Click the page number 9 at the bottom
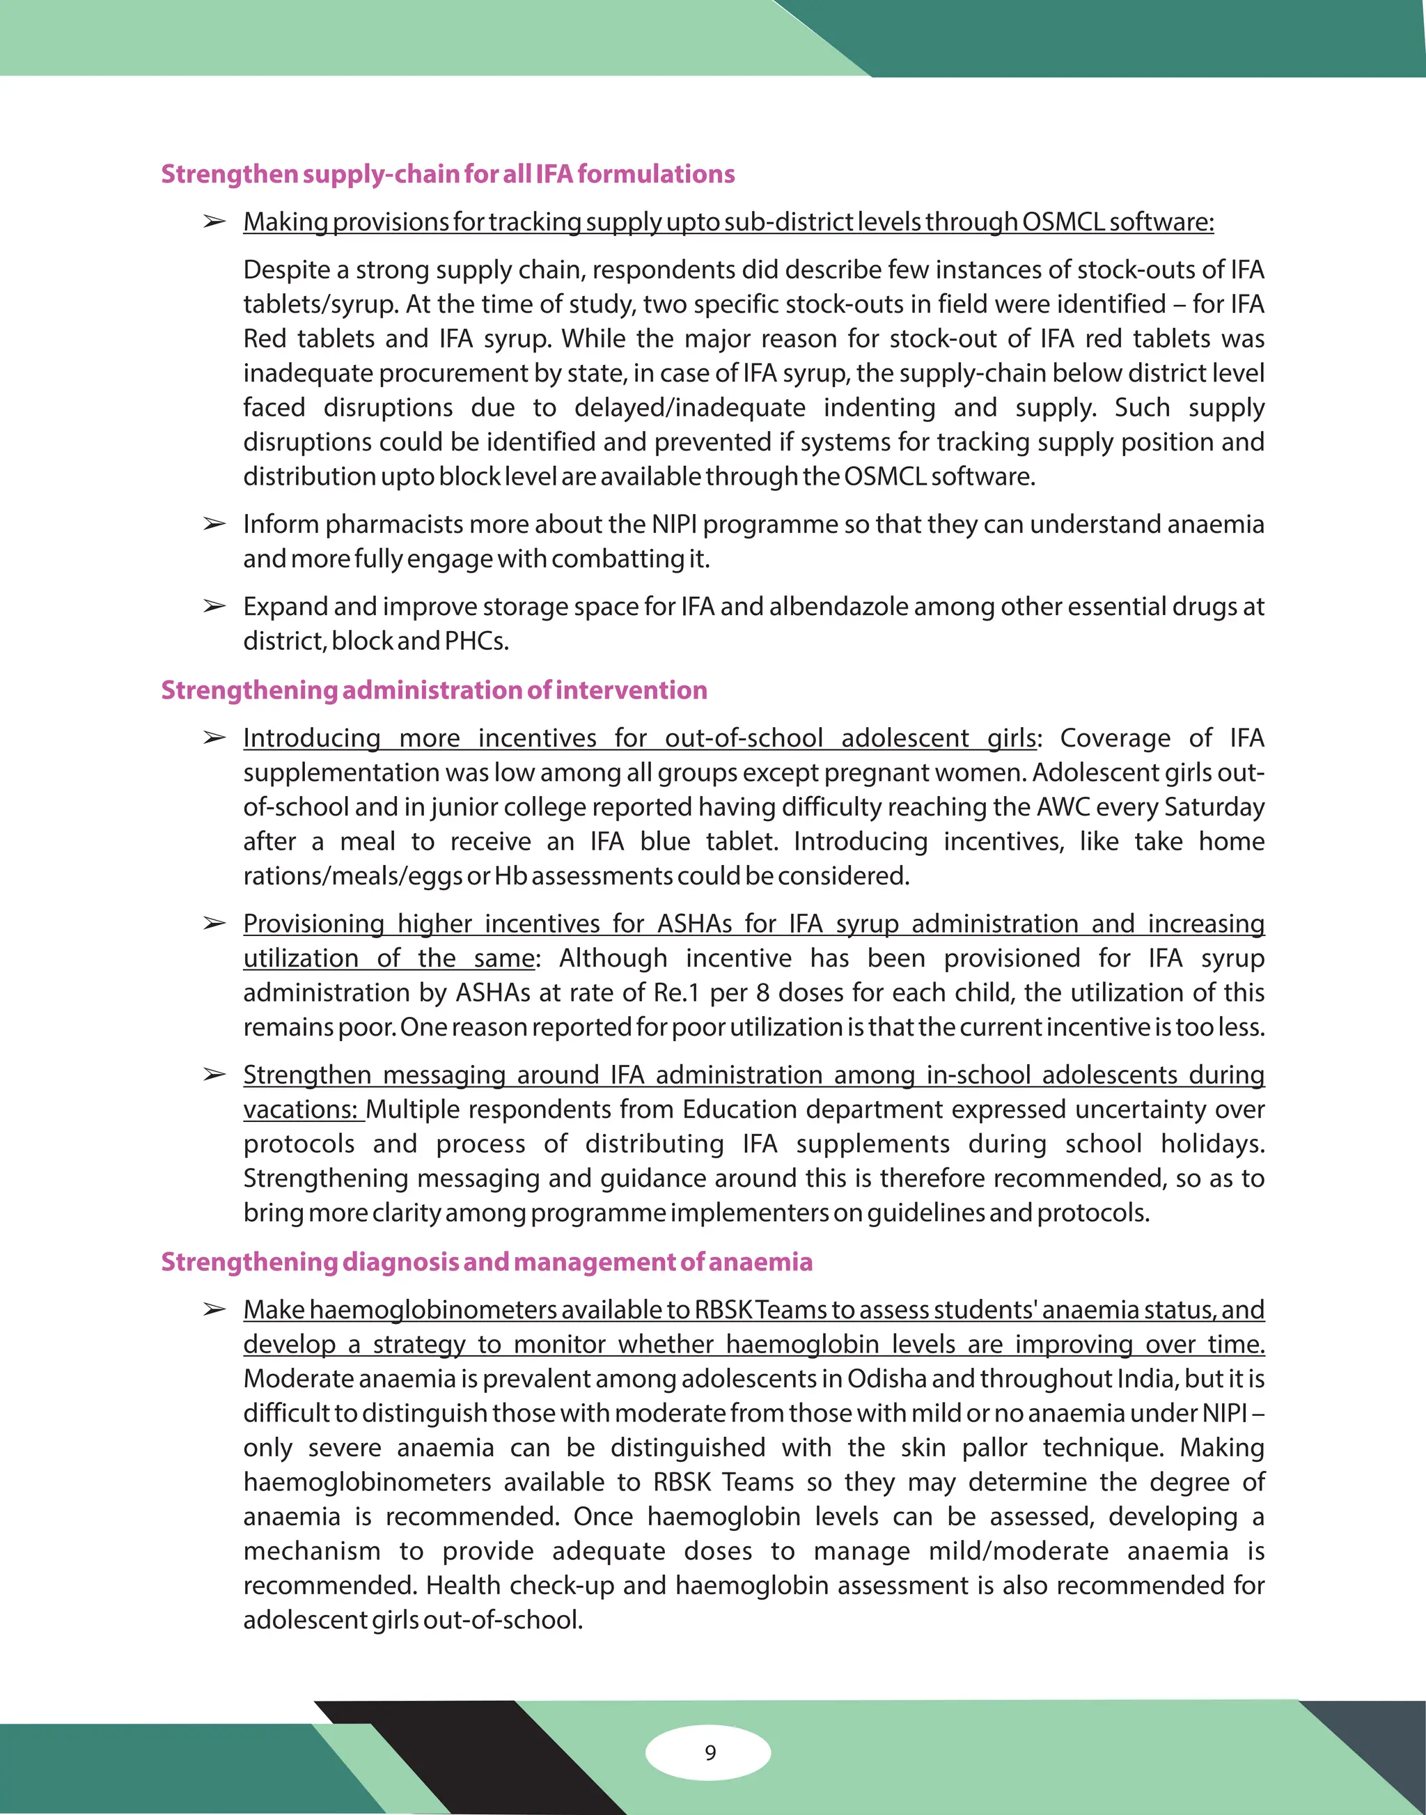[710, 1752]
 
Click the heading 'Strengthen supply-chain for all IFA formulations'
[448, 173]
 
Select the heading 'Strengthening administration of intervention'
[434, 690]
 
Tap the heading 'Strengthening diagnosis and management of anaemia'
[486, 1261]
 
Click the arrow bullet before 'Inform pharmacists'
[214, 524]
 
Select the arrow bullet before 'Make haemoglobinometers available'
[214, 1309]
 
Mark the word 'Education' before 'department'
[739, 1109]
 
